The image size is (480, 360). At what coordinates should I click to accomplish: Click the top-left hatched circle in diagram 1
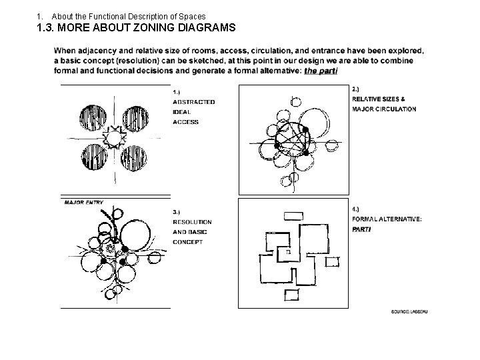pos(95,119)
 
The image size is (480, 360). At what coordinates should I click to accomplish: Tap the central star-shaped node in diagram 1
pos(116,138)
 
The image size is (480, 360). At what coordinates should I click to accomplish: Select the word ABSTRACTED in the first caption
pos(193,102)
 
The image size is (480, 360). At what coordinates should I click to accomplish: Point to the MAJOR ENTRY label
pos(83,202)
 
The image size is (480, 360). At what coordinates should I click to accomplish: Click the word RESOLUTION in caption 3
pos(192,221)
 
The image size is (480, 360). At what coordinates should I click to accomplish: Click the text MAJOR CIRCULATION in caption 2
pos(384,109)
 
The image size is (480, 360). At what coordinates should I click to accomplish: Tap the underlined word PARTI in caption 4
pos(361,229)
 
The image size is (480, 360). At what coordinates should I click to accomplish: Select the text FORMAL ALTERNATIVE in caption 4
pos(387,219)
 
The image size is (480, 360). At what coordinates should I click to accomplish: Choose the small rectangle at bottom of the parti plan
pos(292,293)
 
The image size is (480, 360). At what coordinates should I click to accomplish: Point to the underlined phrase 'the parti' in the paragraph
pos(321,71)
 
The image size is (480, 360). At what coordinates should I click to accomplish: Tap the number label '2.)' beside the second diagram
pos(356,89)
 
